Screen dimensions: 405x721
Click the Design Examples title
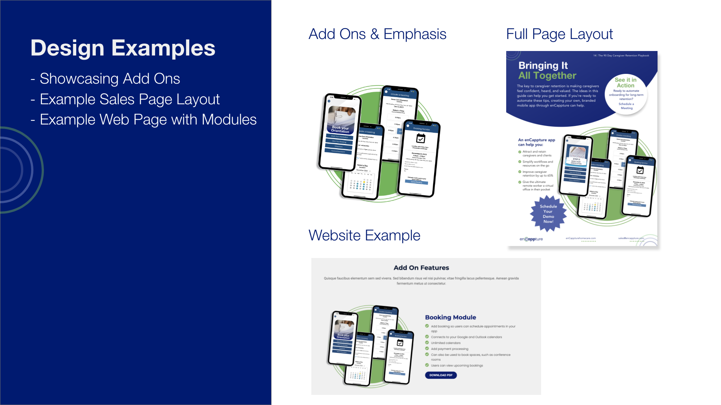[123, 48]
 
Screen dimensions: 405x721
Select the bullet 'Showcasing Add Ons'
[110, 79]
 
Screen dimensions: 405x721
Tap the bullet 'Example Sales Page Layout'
[130, 99]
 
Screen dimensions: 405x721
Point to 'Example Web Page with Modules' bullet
[148, 120]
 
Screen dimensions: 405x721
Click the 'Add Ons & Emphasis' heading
[377, 34]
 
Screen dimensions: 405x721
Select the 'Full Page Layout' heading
[559, 34]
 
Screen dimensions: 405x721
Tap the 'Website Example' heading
[364, 235]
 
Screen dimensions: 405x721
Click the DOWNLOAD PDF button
[441, 375]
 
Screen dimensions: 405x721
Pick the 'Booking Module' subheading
[450, 317]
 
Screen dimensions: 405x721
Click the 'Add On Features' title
[421, 268]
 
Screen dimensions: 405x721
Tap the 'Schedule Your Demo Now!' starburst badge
[548, 214]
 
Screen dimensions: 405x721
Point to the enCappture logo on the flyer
[531, 239]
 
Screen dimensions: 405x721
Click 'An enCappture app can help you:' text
[536, 142]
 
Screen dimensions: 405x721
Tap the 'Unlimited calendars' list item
[445, 343]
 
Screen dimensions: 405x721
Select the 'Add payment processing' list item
[449, 349]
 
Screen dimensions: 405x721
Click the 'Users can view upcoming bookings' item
[457, 365]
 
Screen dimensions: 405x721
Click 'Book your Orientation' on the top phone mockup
[341, 129]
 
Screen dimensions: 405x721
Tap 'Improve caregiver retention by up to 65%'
[537, 174]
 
